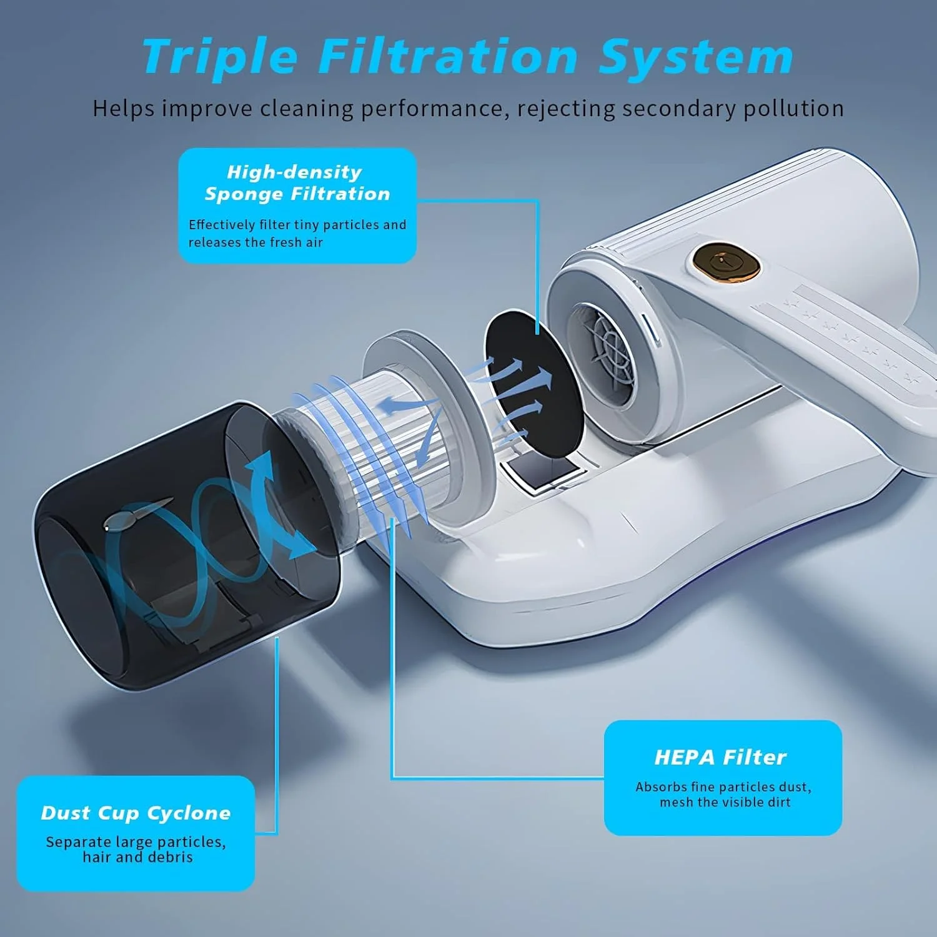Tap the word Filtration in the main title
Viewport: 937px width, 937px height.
(x=449, y=57)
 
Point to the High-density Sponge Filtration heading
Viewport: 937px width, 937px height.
(x=297, y=182)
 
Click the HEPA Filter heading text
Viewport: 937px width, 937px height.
(x=720, y=757)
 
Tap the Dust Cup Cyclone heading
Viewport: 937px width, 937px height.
(x=136, y=813)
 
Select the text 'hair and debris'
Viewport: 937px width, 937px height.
(x=137, y=857)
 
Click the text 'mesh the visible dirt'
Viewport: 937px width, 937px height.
(x=725, y=802)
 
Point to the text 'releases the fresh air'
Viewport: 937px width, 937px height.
(x=255, y=242)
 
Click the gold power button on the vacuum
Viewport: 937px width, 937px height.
(x=726, y=262)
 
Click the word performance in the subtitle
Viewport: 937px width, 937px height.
(x=431, y=109)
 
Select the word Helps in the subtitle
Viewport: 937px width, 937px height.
(x=123, y=109)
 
